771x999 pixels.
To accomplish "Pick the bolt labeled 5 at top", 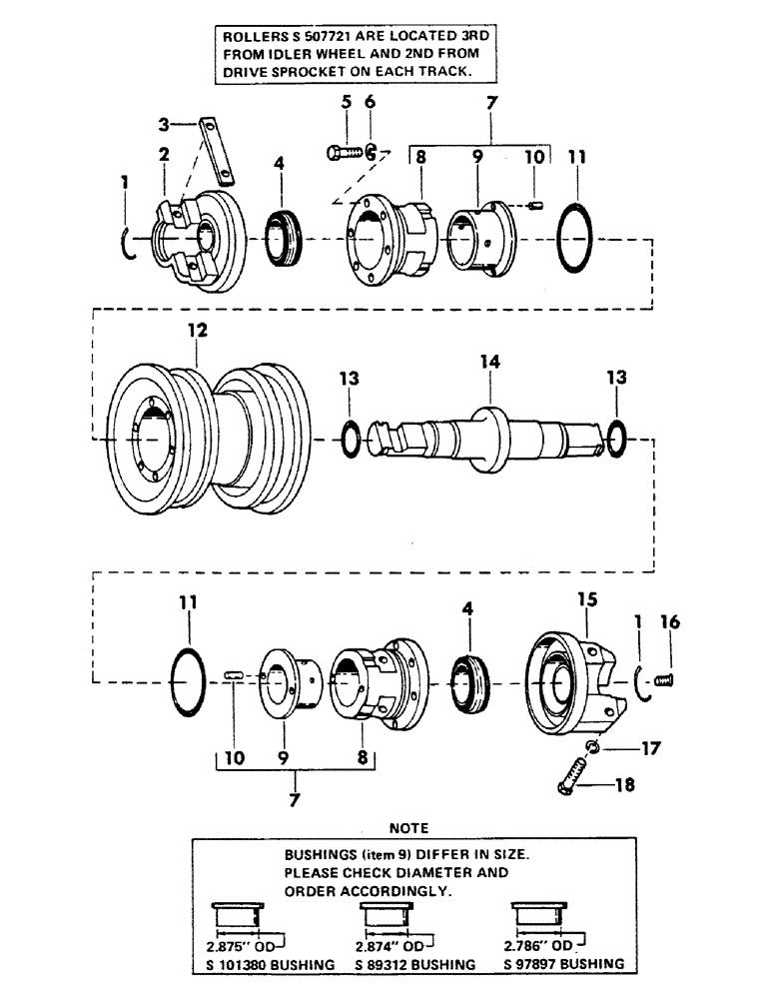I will coord(342,152).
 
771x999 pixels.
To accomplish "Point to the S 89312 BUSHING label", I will coord(405,964).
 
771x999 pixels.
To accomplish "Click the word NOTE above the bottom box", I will coord(410,828).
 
